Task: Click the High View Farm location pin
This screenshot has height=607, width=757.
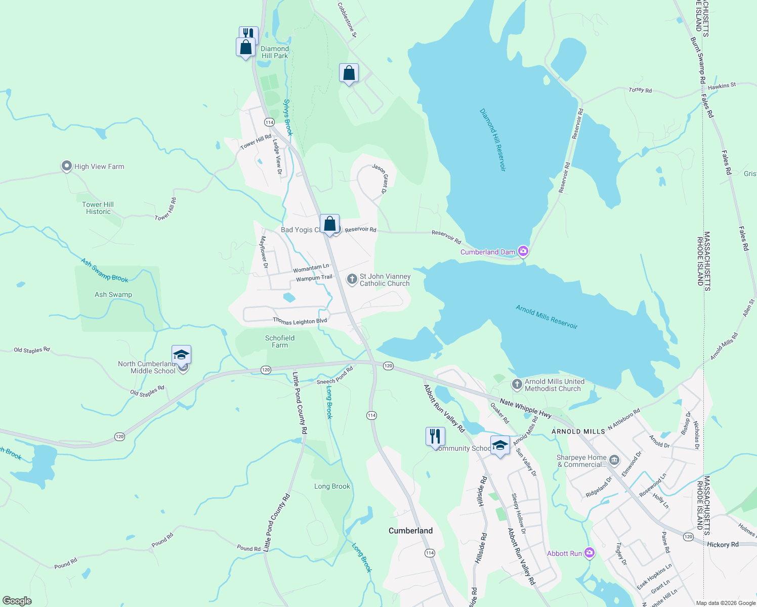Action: point(66,166)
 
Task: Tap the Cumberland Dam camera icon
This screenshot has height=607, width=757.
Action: point(523,251)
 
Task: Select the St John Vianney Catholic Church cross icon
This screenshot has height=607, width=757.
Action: point(352,279)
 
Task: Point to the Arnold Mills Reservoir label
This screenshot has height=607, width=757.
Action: point(546,317)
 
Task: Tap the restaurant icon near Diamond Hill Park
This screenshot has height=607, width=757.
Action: point(248,34)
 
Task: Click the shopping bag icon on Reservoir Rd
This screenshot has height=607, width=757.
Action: point(329,224)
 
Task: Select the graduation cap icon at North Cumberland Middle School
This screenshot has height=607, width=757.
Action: point(181,355)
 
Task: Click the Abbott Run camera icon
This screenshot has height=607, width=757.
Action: point(589,553)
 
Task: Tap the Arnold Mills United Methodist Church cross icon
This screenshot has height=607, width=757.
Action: point(517,384)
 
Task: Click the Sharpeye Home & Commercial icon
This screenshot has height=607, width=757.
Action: point(614,460)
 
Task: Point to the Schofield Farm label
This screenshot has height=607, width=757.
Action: point(280,341)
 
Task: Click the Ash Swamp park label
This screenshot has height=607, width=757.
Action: point(113,294)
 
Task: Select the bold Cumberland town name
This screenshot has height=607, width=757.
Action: point(410,531)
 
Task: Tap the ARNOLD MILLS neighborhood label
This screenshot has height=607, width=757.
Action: point(578,431)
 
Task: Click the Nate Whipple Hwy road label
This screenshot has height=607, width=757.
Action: point(525,409)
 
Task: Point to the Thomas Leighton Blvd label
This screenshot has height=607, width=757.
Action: point(300,321)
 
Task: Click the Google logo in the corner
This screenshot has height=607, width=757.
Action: point(17,600)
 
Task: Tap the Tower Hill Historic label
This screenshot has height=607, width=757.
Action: point(98,208)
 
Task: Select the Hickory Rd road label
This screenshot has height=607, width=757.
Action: point(723,544)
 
